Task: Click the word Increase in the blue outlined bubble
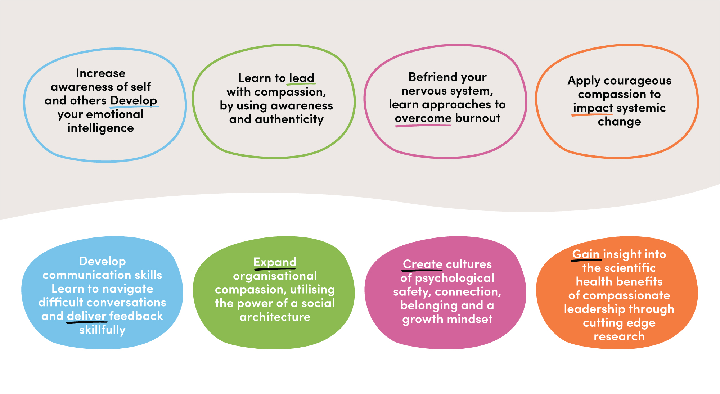(x=100, y=73)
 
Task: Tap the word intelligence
(x=100, y=128)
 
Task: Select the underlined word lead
(x=302, y=78)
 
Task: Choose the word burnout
(x=477, y=118)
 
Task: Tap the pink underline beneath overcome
(x=423, y=126)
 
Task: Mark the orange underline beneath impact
(x=592, y=115)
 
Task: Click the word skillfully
(x=102, y=330)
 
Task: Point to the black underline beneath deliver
(x=87, y=322)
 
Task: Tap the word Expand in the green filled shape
(x=275, y=262)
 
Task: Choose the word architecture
(x=275, y=317)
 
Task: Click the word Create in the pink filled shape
(x=422, y=264)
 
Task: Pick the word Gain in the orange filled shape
(x=586, y=254)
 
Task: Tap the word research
(x=619, y=336)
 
